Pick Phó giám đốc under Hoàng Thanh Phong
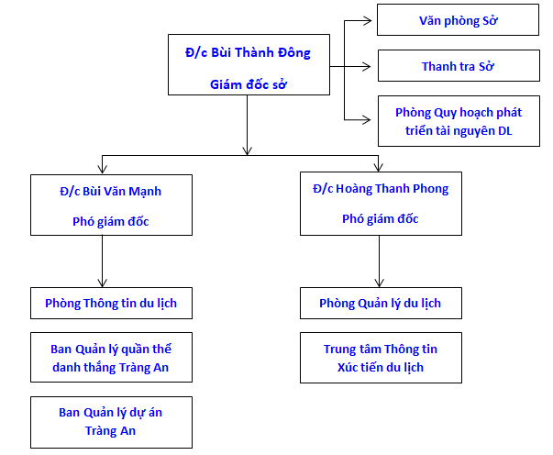[380, 218]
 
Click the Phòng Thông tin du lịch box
[111, 303]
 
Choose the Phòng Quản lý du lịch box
[380, 303]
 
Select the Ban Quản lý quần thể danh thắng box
[111, 359]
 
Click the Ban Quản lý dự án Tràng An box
[111, 421]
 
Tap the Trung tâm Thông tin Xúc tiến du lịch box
[380, 359]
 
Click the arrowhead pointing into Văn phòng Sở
[371, 20]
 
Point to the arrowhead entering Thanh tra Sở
[371, 66]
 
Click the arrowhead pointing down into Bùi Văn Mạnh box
[102, 170]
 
